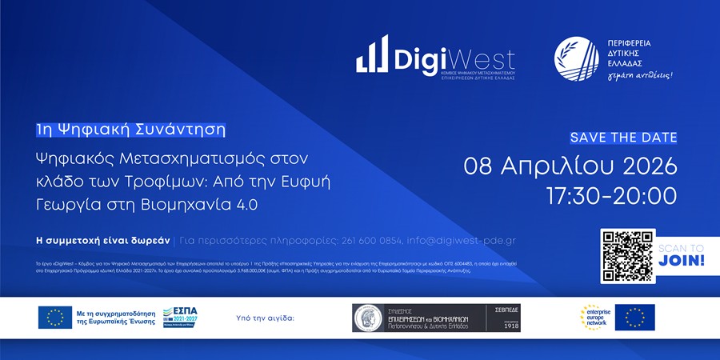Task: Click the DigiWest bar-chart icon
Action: [372, 57]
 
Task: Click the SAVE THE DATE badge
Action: [623, 137]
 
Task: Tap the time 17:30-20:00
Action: [611, 195]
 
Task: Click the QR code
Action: [627, 256]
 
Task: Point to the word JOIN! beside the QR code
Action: [686, 261]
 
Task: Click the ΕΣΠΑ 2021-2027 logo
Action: [180, 317]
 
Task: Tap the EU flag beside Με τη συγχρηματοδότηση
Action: [55, 318]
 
